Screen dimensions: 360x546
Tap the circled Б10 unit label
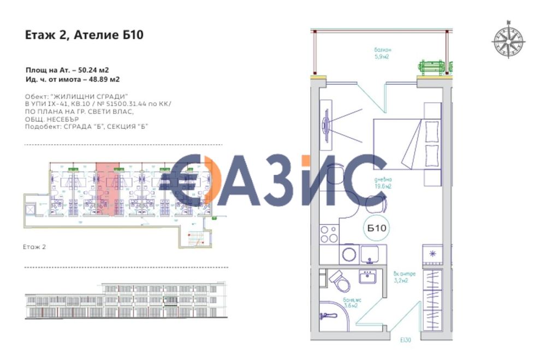[377, 229]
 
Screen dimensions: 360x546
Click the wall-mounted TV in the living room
[326, 127]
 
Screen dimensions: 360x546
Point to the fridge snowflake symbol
[432, 253]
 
